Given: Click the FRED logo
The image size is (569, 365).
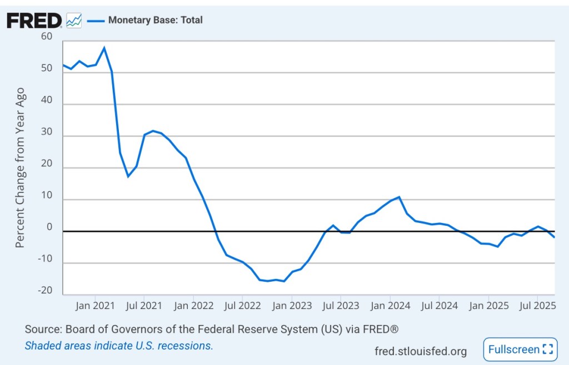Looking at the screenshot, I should pos(34,21).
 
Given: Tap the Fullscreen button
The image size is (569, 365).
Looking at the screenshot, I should pos(520,349).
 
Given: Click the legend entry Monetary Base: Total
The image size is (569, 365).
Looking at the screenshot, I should pos(155,20).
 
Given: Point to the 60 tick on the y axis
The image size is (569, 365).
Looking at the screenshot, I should pos(46,37).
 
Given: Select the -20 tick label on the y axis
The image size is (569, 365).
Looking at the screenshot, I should pos(46,291).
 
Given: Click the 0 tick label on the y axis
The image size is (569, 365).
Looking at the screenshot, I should pos(49,227).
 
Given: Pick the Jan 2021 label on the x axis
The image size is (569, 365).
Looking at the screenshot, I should pos(95,305).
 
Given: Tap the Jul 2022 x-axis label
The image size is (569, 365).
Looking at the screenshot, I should pos(242,305).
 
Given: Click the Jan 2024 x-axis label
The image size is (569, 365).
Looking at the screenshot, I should pos(390,305).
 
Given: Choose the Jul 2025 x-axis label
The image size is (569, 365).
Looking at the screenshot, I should pos(537,305).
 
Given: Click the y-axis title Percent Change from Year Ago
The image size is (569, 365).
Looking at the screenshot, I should pos(20,167).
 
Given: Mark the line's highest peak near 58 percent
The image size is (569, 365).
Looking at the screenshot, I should pos(104,48).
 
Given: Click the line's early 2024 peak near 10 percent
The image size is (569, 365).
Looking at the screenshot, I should pos(399,197).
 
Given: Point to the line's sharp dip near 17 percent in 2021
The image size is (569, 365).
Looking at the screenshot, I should pos(128,176).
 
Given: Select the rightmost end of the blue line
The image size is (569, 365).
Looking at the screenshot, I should pos(554,237).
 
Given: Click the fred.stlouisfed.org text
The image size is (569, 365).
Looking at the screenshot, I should pos(421,351).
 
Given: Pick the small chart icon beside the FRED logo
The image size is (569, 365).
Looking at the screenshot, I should pos(73,21).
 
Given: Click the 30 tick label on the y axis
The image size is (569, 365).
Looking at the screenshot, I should pos(46,132).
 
